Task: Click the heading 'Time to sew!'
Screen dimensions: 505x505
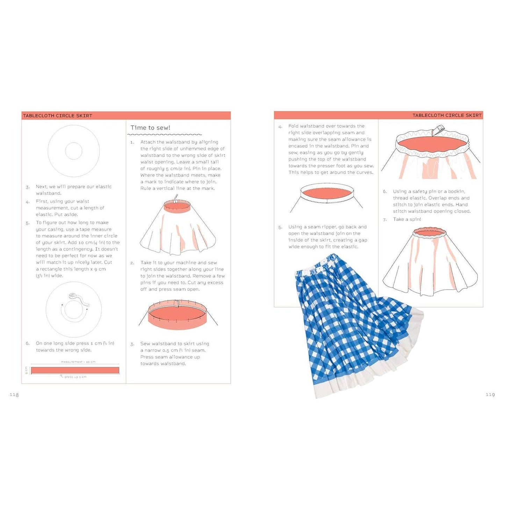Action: point(150,128)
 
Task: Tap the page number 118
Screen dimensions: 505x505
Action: point(14,395)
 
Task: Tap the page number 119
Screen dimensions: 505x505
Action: point(490,395)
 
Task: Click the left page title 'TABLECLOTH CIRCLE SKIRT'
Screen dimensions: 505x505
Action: point(58,116)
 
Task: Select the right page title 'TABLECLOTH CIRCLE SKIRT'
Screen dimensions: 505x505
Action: point(447,115)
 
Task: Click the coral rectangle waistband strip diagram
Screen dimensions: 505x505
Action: point(75,370)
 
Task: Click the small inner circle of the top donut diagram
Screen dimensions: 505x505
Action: point(74,151)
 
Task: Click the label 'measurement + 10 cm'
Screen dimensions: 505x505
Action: point(78,362)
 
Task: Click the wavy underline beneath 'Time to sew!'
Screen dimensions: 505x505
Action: point(165,135)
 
